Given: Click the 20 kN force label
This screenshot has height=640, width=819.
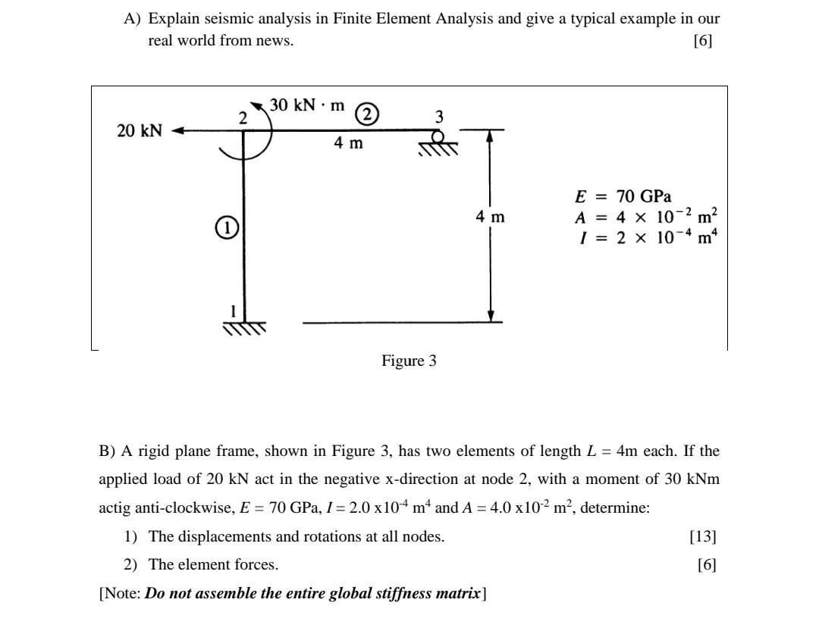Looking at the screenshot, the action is pyautogui.click(x=140, y=130).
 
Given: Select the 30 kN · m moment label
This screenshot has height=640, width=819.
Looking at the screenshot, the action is pyautogui.click(x=307, y=105).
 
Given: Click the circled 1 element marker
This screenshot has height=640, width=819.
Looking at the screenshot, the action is pyautogui.click(x=225, y=226).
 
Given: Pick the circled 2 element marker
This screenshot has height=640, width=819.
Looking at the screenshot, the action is pyautogui.click(x=367, y=114).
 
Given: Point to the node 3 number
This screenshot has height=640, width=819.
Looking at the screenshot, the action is pyautogui.click(x=438, y=117).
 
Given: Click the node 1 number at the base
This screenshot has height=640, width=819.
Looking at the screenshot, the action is pyautogui.click(x=234, y=311).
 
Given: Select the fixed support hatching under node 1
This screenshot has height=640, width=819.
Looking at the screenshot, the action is pyautogui.click(x=244, y=328).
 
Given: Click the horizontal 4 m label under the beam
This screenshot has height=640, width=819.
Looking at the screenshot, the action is pyautogui.click(x=348, y=142).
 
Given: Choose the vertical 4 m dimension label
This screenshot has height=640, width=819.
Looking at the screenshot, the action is pyautogui.click(x=490, y=217).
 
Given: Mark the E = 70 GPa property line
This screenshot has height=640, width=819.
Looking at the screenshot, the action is pyautogui.click(x=623, y=197).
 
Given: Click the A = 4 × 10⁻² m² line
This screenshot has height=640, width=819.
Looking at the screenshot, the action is pyautogui.click(x=646, y=217).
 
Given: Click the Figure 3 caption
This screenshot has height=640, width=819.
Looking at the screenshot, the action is pyautogui.click(x=409, y=361).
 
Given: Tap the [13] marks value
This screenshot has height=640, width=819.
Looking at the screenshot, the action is pyautogui.click(x=703, y=536).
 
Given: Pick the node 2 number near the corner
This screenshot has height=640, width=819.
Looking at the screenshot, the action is pyautogui.click(x=242, y=117).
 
